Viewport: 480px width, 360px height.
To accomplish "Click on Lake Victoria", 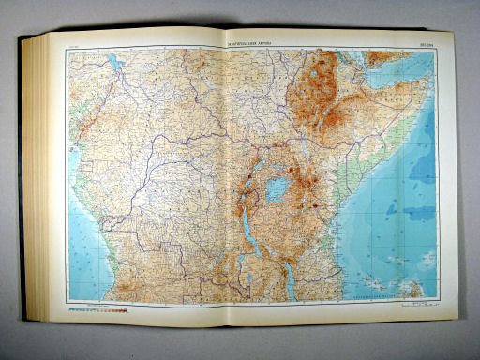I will (x=277, y=189).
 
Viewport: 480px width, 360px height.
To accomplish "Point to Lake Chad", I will (x=115, y=64).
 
